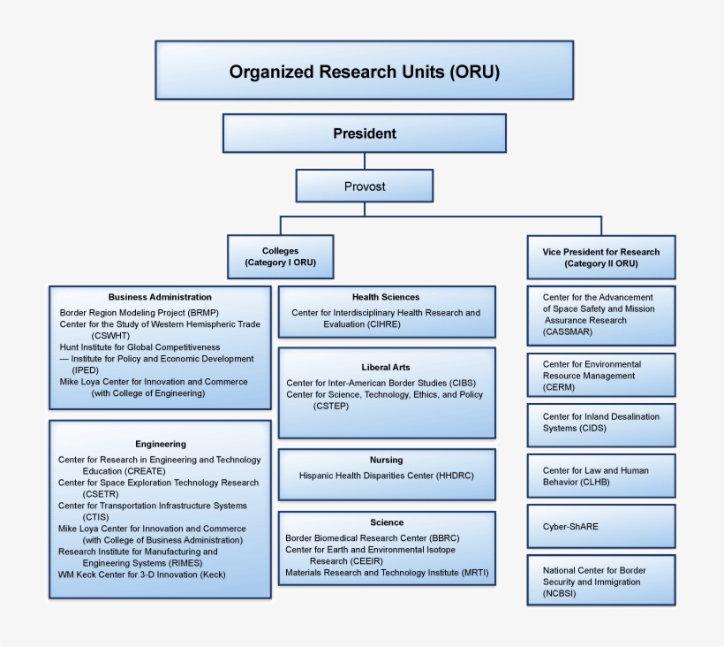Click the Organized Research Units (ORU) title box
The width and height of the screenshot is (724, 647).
364,71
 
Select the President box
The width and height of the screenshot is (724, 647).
364,133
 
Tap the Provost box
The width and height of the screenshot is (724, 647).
364,186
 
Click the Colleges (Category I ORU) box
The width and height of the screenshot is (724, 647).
280,257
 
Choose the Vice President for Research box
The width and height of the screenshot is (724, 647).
600,257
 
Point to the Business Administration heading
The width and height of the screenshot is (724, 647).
160,297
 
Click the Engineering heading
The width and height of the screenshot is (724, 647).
160,444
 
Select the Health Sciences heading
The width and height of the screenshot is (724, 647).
386,297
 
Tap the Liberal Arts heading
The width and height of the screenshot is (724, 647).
386,367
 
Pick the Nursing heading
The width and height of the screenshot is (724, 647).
386,460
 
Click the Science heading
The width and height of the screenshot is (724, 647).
386,522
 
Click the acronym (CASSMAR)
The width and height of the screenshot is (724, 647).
568,332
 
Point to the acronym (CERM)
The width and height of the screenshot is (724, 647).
559,387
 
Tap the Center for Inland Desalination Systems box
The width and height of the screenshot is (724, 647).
600,422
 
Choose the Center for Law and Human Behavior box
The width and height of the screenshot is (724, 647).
600,476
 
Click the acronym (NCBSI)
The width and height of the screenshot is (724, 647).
560,594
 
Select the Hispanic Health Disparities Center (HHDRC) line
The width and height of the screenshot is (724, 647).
386,476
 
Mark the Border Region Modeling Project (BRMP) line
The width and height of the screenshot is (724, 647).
139,313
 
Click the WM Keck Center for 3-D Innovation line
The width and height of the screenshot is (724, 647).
141,575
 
